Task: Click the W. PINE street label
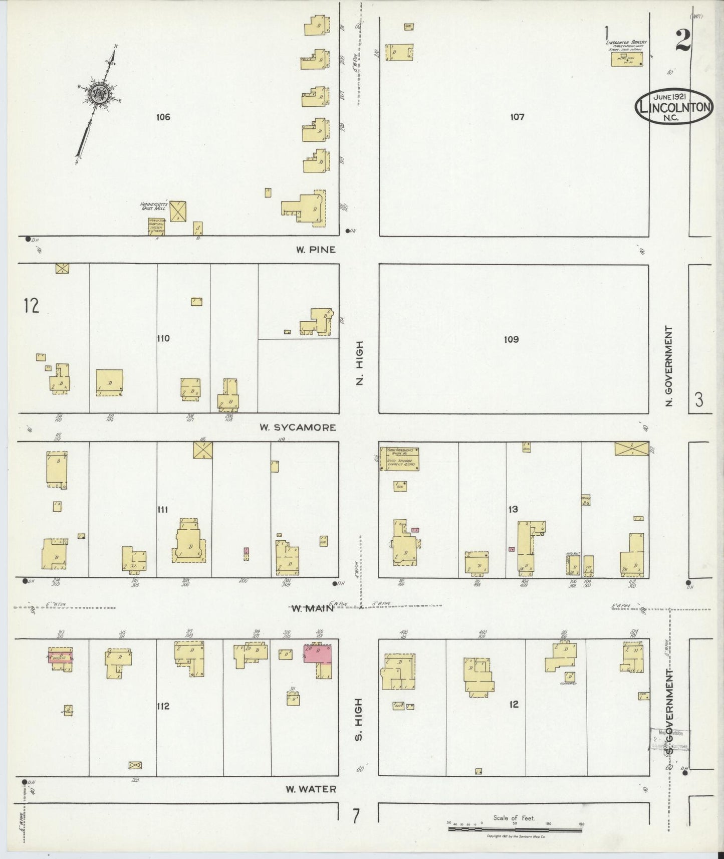coord(315,250)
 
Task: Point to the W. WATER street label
coord(311,789)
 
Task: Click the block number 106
coord(163,117)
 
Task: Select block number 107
coord(517,117)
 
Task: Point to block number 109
coord(511,340)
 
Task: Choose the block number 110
coord(163,338)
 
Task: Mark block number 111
coord(162,510)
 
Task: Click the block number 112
coord(163,707)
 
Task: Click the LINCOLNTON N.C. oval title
coord(673,106)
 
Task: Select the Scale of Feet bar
coord(515,829)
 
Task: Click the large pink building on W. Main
coord(318,654)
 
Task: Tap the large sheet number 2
coord(683,40)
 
